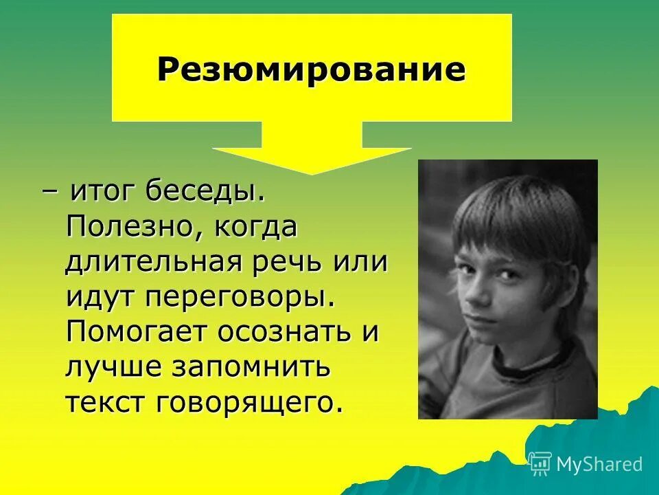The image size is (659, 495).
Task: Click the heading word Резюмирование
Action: [311, 70]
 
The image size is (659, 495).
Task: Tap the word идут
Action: [101, 298]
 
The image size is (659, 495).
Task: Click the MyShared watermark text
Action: [599, 464]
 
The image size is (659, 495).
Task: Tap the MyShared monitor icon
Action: [540, 463]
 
